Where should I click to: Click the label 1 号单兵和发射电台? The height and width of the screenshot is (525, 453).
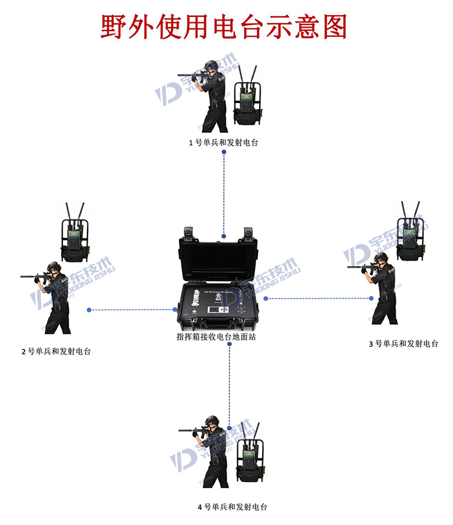click(224, 142)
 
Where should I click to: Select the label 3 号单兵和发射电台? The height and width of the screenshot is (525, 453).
click(403, 343)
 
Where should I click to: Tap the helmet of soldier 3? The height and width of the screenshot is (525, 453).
click(380, 258)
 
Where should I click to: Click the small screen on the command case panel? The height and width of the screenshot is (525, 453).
click(216, 311)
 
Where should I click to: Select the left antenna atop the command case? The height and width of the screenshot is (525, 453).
click(187, 232)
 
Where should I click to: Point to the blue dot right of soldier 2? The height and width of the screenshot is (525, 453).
click(89, 310)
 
